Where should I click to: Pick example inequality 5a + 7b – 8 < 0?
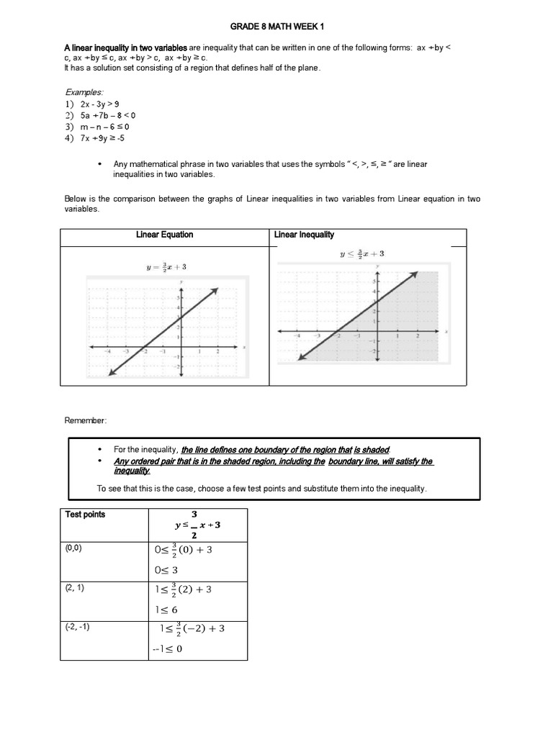tap(108, 115)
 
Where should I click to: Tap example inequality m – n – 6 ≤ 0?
tap(104, 127)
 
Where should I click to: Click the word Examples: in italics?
tap(84, 93)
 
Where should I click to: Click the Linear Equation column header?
tap(165, 235)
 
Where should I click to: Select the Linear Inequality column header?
tap(304, 235)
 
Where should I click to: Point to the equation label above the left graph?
tap(166, 268)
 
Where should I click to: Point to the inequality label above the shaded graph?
tap(362, 254)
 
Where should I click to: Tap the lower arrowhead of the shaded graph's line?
tap(300, 356)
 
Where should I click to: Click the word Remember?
tap(86, 420)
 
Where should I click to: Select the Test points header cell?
tap(85, 515)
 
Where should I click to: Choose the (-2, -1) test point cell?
tap(77, 627)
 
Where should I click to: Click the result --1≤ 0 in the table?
tap(168, 648)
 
